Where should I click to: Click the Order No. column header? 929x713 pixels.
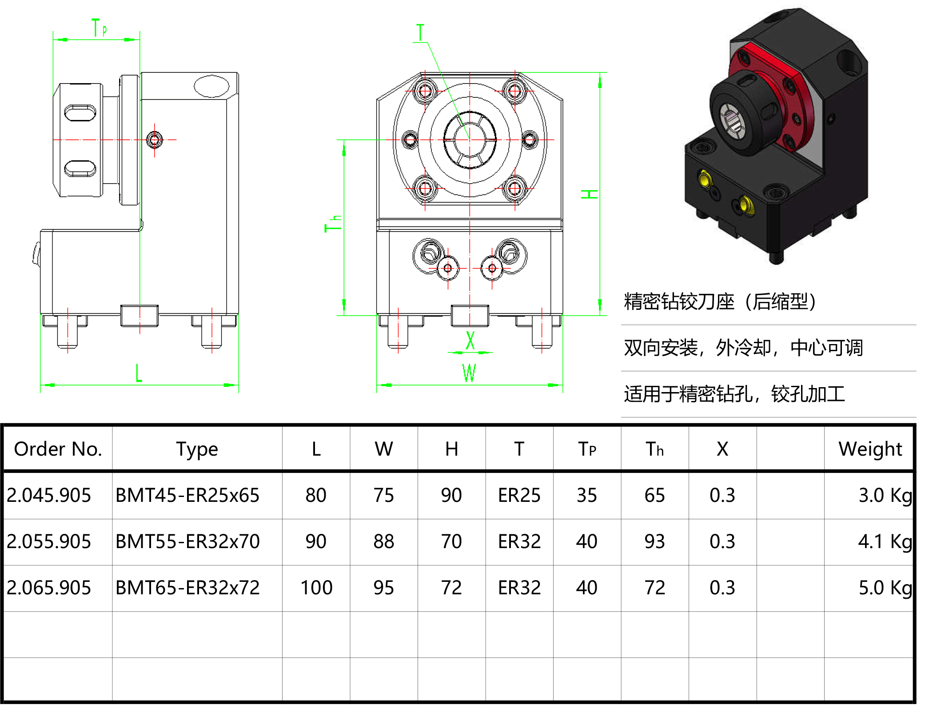(x=58, y=449)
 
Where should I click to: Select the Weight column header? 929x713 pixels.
(x=869, y=449)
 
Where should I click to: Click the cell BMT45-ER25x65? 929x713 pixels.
(x=187, y=495)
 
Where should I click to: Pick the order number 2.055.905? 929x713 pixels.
(x=49, y=541)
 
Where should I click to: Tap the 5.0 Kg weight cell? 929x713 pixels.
(x=885, y=588)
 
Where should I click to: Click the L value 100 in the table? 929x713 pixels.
(x=316, y=588)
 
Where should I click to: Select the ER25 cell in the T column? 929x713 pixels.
(x=519, y=495)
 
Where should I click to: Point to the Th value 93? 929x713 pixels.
(x=654, y=541)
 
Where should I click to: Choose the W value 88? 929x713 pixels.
(x=383, y=541)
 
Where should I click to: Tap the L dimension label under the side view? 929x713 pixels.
(x=139, y=373)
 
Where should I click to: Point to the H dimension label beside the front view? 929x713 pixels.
(x=590, y=194)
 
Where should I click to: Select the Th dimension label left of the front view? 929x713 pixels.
(x=333, y=224)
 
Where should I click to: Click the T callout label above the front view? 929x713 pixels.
(x=420, y=33)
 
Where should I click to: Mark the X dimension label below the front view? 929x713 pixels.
(x=470, y=341)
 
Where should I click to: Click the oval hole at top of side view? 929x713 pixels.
(x=211, y=86)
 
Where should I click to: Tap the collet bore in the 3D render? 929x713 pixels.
(x=732, y=119)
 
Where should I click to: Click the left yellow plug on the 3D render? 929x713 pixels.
(x=704, y=180)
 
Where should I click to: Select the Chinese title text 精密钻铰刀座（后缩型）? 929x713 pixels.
(x=720, y=302)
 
